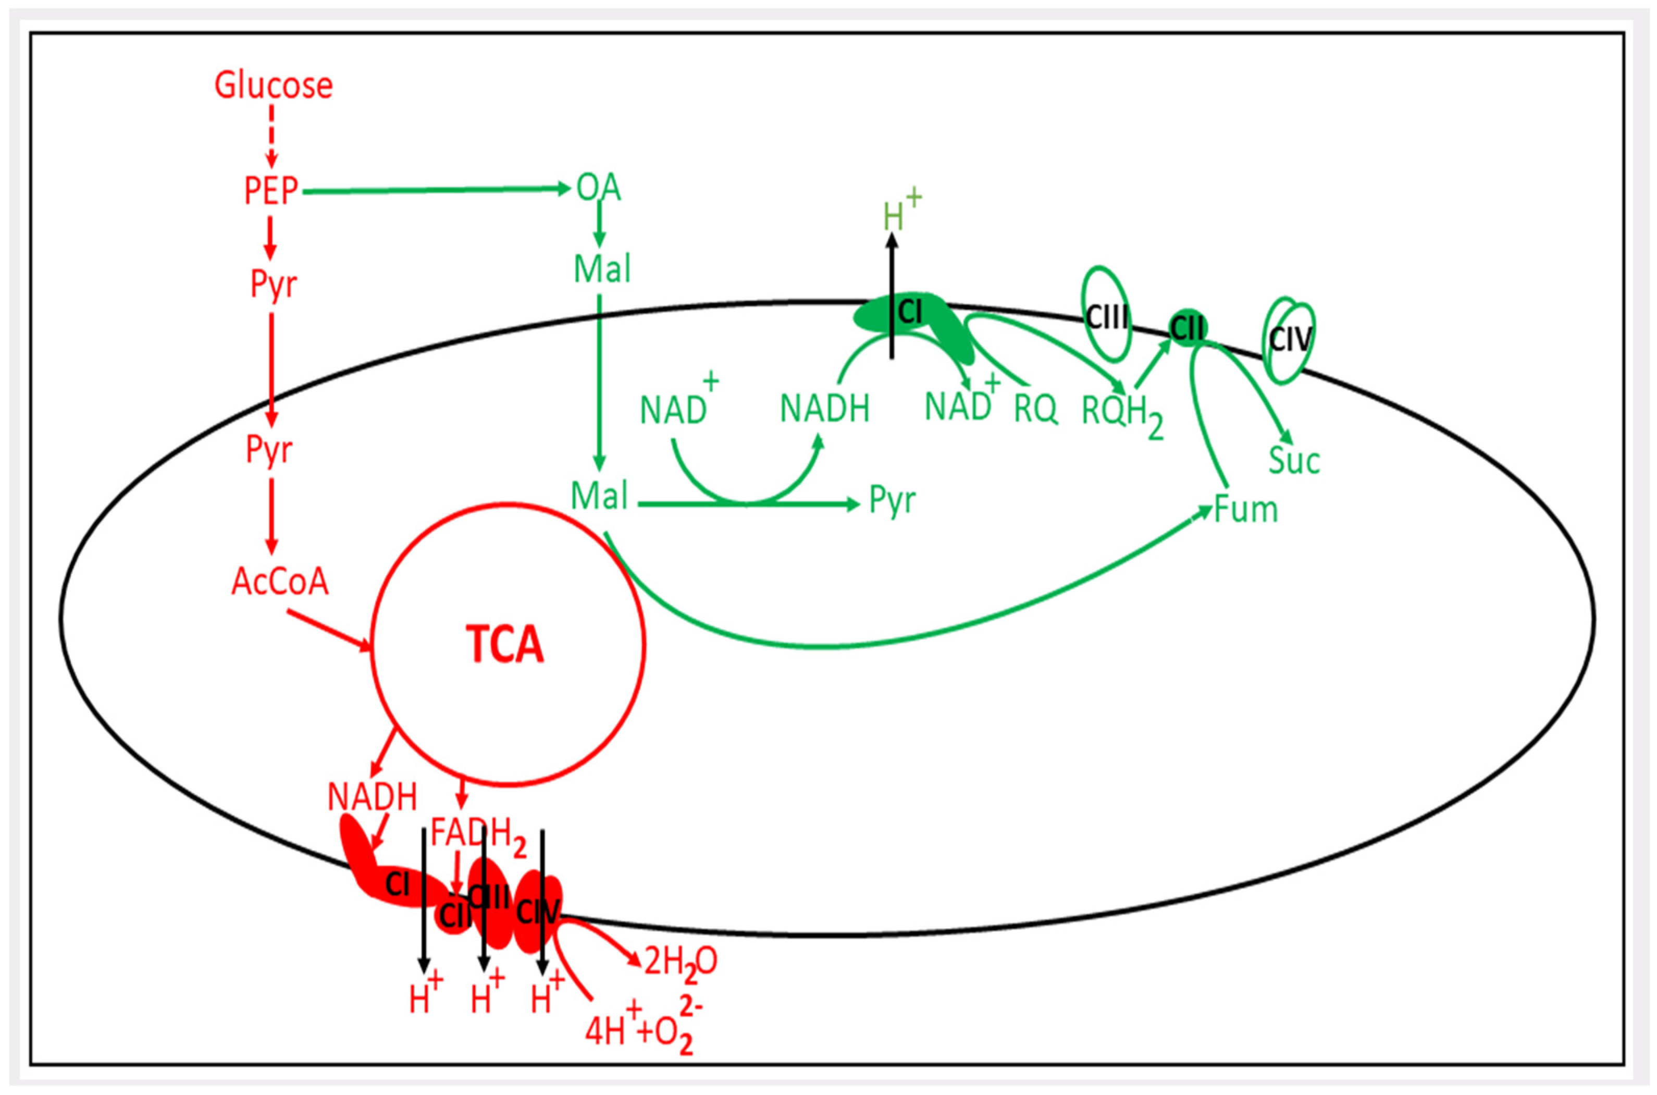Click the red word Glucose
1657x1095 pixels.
tap(273, 85)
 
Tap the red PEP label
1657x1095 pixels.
tap(271, 190)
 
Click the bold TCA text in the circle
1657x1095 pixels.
tap(504, 644)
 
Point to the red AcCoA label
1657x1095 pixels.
tap(280, 581)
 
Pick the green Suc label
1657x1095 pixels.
tap(1293, 461)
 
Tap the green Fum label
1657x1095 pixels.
tap(1245, 510)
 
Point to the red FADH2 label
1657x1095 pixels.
tap(477, 835)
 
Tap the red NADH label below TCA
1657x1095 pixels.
tap(372, 797)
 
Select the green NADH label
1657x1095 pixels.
tap(824, 409)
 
